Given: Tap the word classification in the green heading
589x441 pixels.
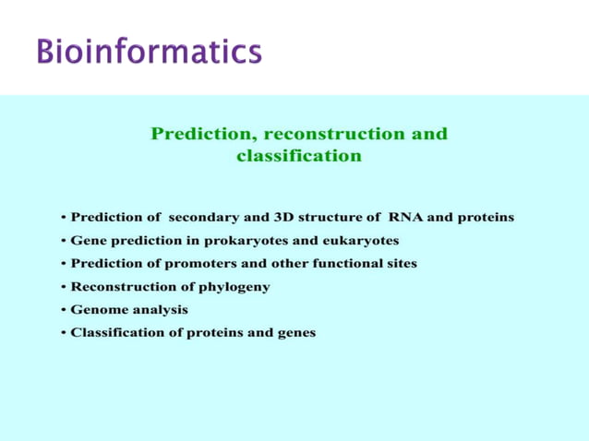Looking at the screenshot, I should pos(299,156).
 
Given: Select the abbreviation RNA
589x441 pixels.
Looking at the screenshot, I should pos(404,218).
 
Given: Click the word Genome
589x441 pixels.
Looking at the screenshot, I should pos(98,310).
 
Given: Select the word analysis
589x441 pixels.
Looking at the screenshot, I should pos(159,310).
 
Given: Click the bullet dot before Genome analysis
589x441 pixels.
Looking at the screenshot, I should pos(63,310).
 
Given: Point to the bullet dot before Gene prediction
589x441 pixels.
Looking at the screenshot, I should pos(63,241).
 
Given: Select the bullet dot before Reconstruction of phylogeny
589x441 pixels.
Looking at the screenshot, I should pos(63,287).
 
